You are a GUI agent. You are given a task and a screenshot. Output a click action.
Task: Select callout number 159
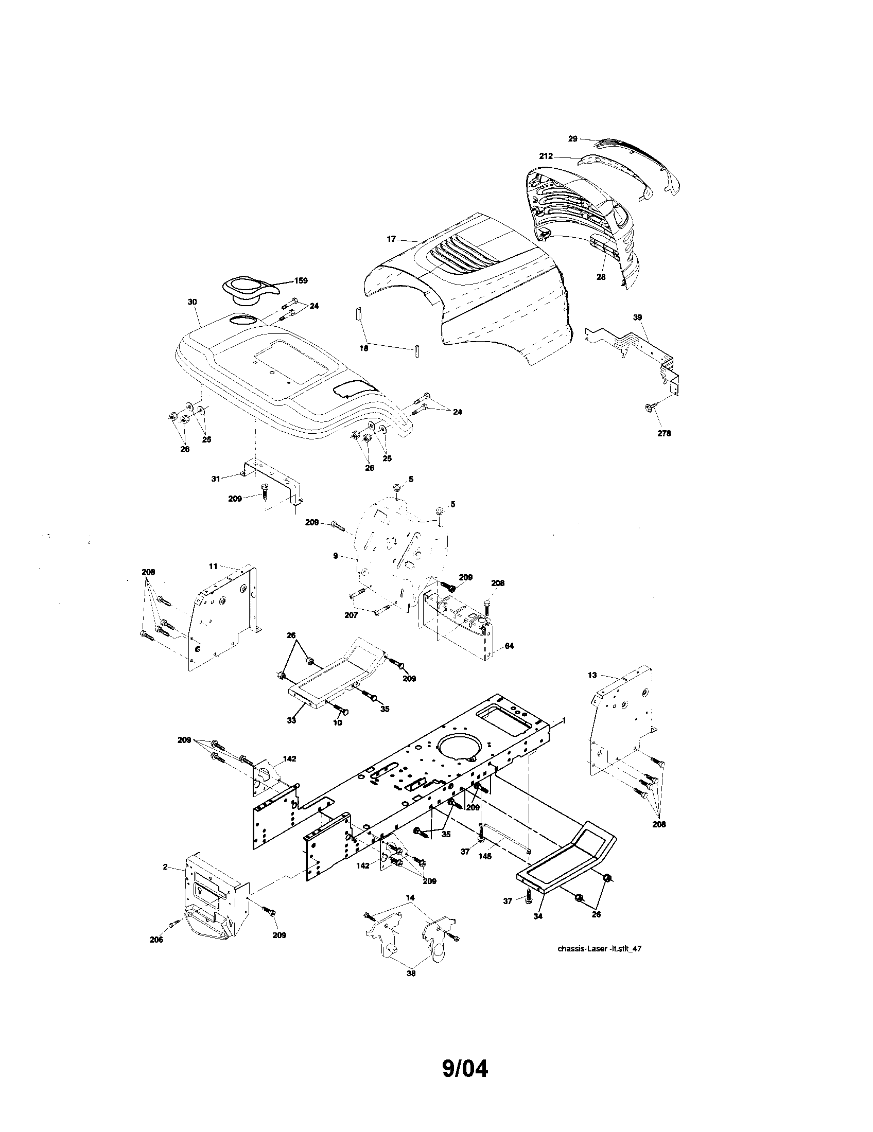pos(301,280)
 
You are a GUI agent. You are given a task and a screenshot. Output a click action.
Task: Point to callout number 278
pos(664,433)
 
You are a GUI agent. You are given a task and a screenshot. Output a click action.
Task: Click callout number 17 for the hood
pos(391,239)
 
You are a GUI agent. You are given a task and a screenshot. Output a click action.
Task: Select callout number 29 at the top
pos(572,138)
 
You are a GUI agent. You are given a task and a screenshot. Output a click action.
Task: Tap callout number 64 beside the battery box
pos(509,646)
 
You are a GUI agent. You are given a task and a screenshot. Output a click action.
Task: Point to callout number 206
pos(156,939)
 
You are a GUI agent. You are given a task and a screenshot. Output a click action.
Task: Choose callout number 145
pos(485,856)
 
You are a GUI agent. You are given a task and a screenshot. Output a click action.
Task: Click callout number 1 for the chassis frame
pos(564,721)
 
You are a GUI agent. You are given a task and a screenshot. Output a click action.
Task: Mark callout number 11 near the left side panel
pos(213,567)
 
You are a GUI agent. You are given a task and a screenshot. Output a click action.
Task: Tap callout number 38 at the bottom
pos(411,974)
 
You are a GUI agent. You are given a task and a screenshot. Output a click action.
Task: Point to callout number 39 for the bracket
pos(637,316)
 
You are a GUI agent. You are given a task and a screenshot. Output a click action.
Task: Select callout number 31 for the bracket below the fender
pos(216,479)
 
